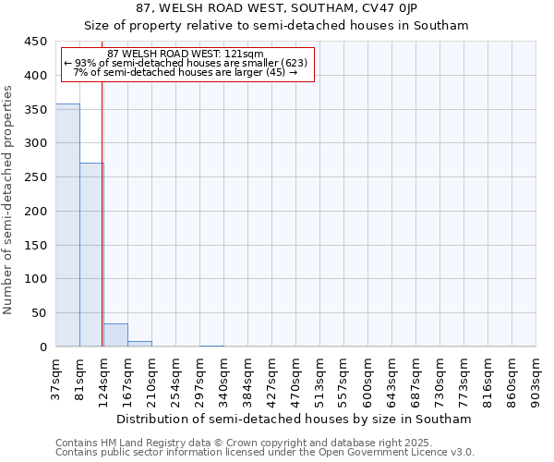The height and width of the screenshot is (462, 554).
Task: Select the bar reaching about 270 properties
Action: point(91,254)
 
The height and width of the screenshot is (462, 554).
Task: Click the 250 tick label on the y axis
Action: point(36,177)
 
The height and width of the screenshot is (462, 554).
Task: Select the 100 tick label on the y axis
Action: point(36,279)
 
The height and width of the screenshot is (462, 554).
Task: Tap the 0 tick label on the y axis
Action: point(43,347)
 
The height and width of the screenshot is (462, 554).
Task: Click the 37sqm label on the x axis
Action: point(56,380)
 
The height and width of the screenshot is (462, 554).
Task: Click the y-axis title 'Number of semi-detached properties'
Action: point(8,200)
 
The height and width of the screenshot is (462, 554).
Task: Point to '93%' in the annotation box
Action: point(85,63)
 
